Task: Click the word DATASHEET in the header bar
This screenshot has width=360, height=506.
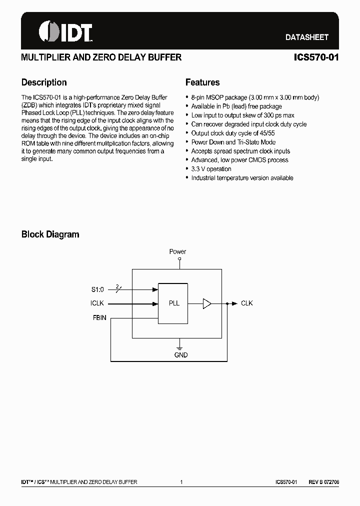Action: pos(306,37)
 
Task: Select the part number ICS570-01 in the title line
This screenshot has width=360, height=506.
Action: pos(316,57)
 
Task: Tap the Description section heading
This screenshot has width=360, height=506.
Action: pos(44,82)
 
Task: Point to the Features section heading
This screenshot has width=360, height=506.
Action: pos(202,82)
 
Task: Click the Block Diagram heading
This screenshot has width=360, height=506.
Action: pos(50,234)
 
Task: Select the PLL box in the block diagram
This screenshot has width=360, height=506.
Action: pos(173,303)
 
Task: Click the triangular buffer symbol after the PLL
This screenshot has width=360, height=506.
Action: pos(207,303)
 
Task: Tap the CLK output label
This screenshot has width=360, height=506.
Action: pos(247,303)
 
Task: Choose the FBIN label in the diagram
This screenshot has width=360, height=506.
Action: pos(99,317)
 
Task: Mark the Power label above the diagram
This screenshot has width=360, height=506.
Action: pos(177,251)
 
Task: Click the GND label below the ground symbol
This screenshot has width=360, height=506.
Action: pos(181,355)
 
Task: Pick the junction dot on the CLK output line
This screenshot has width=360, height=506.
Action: pos(227,303)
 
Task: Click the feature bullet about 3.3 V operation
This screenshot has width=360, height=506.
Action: pos(211,169)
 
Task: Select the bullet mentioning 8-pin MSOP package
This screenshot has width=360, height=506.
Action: pos(255,97)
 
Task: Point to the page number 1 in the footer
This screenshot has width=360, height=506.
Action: pos(181,482)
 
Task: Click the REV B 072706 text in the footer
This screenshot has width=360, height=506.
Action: pos(323,482)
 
